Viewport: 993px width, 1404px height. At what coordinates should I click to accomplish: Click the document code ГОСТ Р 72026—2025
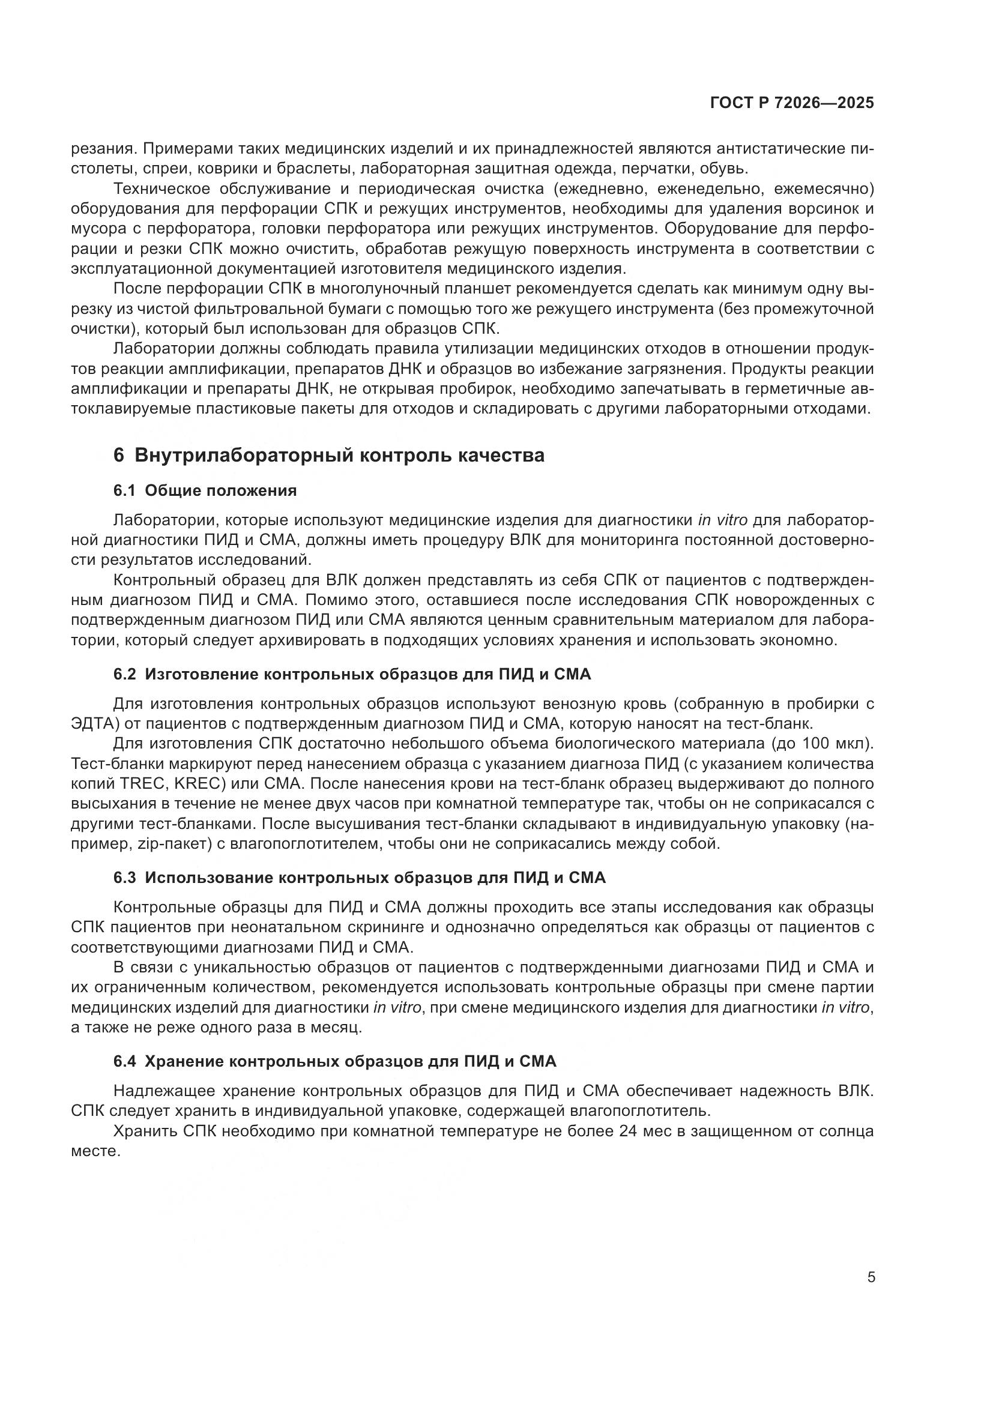coord(792,103)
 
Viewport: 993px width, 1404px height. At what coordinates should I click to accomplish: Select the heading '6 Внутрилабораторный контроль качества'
coord(329,456)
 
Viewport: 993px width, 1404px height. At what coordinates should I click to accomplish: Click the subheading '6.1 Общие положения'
coord(205,490)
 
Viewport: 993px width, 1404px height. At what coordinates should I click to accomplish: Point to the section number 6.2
coord(125,675)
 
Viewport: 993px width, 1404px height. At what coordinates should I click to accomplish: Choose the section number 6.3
coord(125,878)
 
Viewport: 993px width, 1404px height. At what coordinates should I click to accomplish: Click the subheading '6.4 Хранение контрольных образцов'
coord(334,1062)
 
